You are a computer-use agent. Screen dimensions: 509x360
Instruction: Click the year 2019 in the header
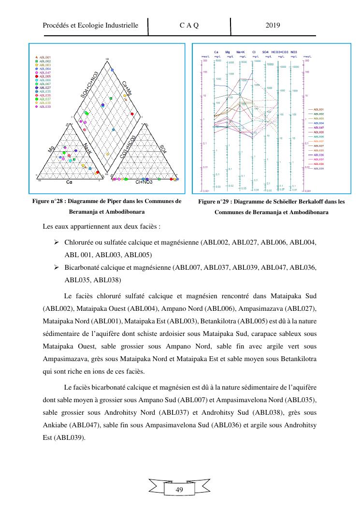(x=273, y=26)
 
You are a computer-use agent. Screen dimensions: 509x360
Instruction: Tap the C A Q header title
(x=189, y=26)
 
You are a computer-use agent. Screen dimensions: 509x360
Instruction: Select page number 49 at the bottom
(x=179, y=490)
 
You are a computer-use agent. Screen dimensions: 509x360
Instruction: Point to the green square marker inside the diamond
(x=111, y=99)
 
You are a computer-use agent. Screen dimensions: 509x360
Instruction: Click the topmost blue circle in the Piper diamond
(x=113, y=70)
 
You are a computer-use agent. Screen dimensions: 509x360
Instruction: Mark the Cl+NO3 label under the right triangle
(x=144, y=182)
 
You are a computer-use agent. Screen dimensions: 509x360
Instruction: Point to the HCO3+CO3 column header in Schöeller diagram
(x=280, y=51)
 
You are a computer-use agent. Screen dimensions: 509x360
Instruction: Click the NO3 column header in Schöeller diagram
(x=294, y=51)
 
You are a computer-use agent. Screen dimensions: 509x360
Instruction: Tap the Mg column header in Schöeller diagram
(x=228, y=51)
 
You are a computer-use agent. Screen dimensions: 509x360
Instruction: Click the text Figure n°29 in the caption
(x=215, y=202)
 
